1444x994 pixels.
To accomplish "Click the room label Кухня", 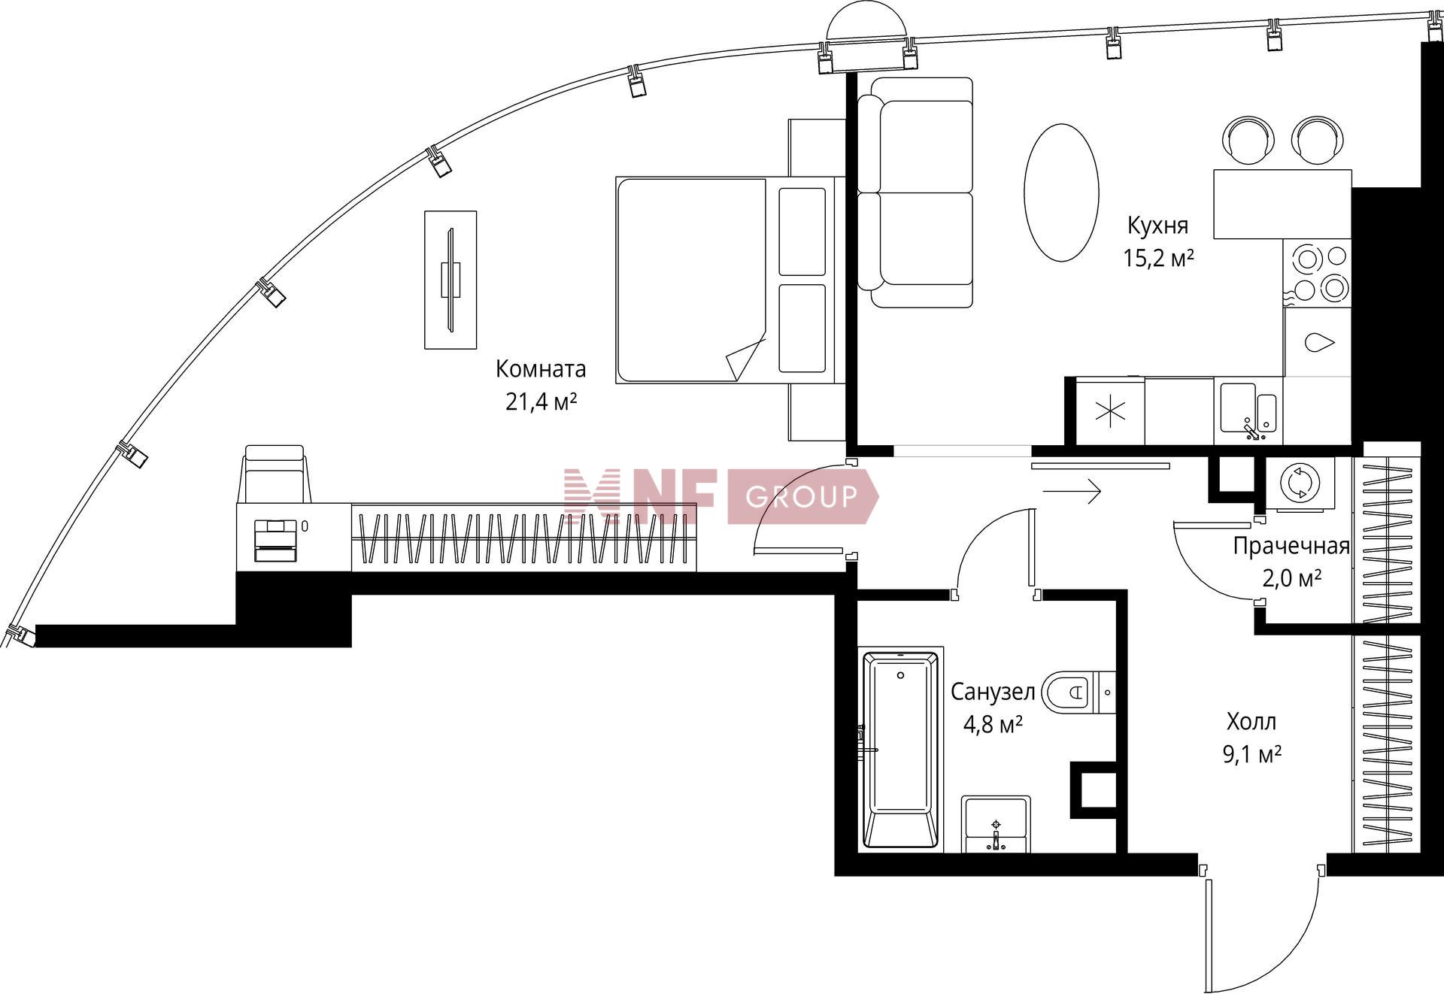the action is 1157,226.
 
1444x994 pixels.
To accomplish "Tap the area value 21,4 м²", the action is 541,402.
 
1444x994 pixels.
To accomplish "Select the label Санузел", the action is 993,692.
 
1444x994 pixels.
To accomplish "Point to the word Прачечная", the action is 1291,547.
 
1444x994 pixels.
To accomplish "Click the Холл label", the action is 1251,722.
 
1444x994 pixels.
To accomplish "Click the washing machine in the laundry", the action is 1300,483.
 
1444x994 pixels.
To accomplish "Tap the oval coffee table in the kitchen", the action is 1061,192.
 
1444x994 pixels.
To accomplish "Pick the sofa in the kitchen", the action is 915,192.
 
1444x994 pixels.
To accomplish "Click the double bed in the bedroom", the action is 727,280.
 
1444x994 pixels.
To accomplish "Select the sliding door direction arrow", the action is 1072,492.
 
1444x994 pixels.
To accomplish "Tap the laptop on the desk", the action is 275,540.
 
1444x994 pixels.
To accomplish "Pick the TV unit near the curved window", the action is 450,280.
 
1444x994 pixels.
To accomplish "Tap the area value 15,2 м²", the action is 1158,259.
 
